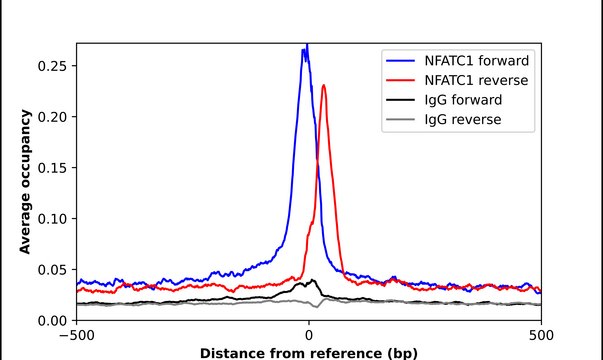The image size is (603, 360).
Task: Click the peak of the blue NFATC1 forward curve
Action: [307, 46]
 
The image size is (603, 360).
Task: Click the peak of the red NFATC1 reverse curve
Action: [324, 86]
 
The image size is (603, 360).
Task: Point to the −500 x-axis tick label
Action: [76, 335]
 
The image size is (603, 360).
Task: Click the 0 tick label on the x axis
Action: [309, 335]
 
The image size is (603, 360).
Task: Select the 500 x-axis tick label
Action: [541, 335]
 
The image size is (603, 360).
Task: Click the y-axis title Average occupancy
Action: [25, 182]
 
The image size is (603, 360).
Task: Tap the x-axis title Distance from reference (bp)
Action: [308, 353]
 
